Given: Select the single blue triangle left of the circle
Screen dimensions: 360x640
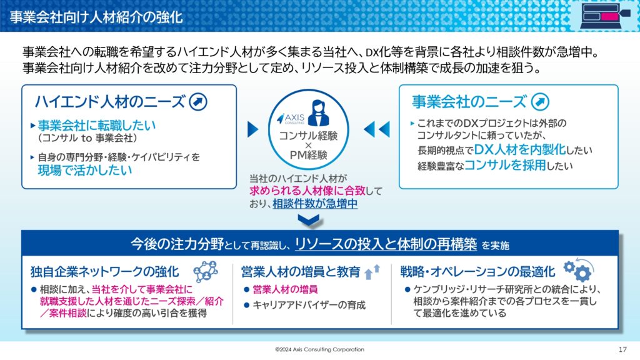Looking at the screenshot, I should click(253, 129).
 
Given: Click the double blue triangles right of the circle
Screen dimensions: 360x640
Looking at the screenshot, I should click(376, 129).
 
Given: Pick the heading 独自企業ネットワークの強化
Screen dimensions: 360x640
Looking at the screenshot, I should click(105, 272).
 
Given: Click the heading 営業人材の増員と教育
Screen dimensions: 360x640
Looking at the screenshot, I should click(301, 272).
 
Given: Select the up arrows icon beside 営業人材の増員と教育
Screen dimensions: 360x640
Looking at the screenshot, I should click(372, 271).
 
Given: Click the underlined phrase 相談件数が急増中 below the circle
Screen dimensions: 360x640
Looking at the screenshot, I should click(315, 204).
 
